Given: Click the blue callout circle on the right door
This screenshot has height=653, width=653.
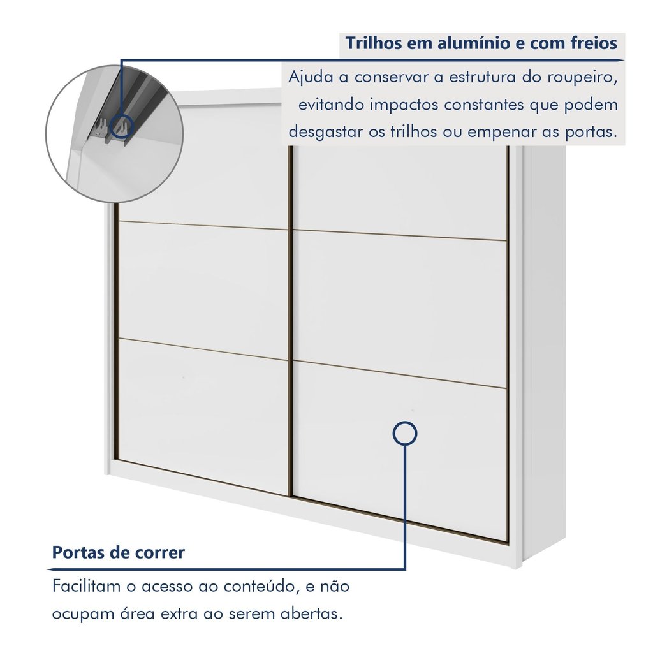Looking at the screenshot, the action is coord(404,422).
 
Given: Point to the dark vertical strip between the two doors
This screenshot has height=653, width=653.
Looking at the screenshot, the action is coord(290,321).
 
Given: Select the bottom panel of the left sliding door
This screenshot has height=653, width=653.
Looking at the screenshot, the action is coord(203,413).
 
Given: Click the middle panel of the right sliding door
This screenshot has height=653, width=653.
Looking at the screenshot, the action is coord(400,307).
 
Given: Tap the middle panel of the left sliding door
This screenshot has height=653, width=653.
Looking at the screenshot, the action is coord(203,288).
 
